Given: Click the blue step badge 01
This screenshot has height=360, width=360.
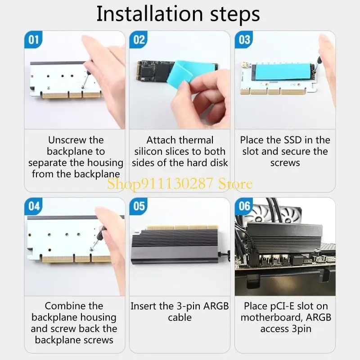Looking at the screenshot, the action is [x=33, y=40].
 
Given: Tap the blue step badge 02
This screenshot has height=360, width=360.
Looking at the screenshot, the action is [x=139, y=40].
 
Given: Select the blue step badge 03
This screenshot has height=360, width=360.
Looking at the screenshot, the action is [x=244, y=40].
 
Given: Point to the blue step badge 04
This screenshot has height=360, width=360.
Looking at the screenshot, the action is [x=33, y=206].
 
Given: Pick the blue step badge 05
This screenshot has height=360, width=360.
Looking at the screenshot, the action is [x=139, y=206].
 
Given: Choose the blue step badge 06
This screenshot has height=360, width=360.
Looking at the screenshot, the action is [x=244, y=206].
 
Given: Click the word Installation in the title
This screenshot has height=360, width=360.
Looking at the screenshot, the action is [x=150, y=14].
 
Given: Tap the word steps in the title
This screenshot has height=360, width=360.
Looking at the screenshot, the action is [x=235, y=15].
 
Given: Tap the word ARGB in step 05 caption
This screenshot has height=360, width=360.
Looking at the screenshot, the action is [x=216, y=306].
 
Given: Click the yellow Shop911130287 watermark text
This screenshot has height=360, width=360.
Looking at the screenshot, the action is [x=180, y=184].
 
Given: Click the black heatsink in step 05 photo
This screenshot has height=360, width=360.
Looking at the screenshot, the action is [x=175, y=247].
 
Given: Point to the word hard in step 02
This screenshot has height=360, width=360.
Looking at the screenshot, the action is [x=197, y=163].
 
